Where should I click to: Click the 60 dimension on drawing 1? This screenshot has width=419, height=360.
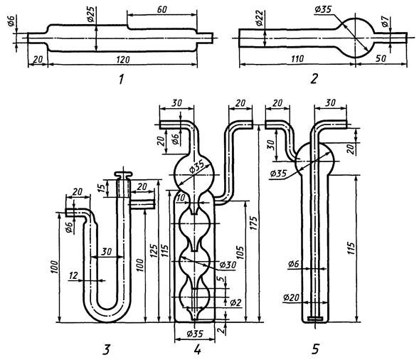click(x=161, y=10)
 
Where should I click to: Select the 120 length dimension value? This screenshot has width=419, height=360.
click(x=122, y=59)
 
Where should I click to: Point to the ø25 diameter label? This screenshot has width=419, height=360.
click(x=90, y=14)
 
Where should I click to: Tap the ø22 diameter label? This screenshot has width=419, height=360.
click(x=259, y=18)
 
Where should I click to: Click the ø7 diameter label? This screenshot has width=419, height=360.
click(x=385, y=21)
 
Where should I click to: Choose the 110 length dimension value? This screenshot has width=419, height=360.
click(x=297, y=58)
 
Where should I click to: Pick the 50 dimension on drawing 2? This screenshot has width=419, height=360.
click(x=381, y=58)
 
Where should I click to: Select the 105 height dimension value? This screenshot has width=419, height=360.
click(x=240, y=254)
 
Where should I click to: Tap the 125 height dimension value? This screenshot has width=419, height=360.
click(x=154, y=251)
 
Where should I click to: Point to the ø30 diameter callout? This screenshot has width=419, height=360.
click(x=228, y=265)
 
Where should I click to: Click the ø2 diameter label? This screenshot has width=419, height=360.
click(x=235, y=302)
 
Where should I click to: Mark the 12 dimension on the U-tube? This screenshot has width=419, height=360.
click(x=73, y=275)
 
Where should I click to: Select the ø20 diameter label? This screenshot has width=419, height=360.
click(x=291, y=297)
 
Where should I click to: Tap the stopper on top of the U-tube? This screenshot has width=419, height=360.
click(x=124, y=175)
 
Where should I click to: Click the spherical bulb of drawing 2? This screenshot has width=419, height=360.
click(x=356, y=38)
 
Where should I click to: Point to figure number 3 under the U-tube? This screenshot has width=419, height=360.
click(x=107, y=349)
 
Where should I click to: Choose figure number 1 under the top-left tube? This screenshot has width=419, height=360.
click(x=122, y=79)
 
